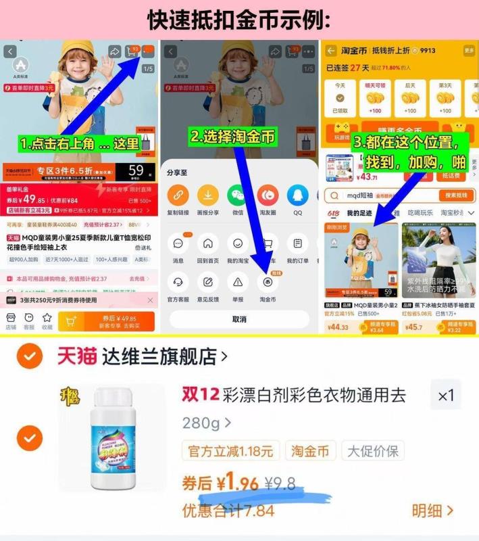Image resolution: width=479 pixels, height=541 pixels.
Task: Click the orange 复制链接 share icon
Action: click(x=178, y=195)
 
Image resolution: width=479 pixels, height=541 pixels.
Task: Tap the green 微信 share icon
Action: click(x=238, y=195)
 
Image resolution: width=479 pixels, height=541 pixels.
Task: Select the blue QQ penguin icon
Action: click(x=297, y=195)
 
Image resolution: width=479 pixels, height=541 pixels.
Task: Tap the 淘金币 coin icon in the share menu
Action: click(x=268, y=281)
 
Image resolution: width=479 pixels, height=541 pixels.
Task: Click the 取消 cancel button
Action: click(x=238, y=319)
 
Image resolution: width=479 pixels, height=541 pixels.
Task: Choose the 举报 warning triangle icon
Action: click(x=238, y=281)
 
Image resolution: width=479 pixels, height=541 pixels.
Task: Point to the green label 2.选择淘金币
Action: click(x=233, y=137)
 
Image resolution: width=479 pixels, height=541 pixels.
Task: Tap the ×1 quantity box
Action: click(x=446, y=396)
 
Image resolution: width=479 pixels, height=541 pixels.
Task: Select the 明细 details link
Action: click(x=432, y=511)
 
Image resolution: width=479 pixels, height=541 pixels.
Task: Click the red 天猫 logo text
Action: click(x=75, y=356)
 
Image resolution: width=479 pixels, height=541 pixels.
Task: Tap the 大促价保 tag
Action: click(x=372, y=450)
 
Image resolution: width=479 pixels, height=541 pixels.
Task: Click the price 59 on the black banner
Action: click(x=136, y=171)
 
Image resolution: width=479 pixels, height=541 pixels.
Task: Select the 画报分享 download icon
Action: click(x=208, y=195)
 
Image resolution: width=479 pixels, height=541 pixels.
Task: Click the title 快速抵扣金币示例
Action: click(x=239, y=19)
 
